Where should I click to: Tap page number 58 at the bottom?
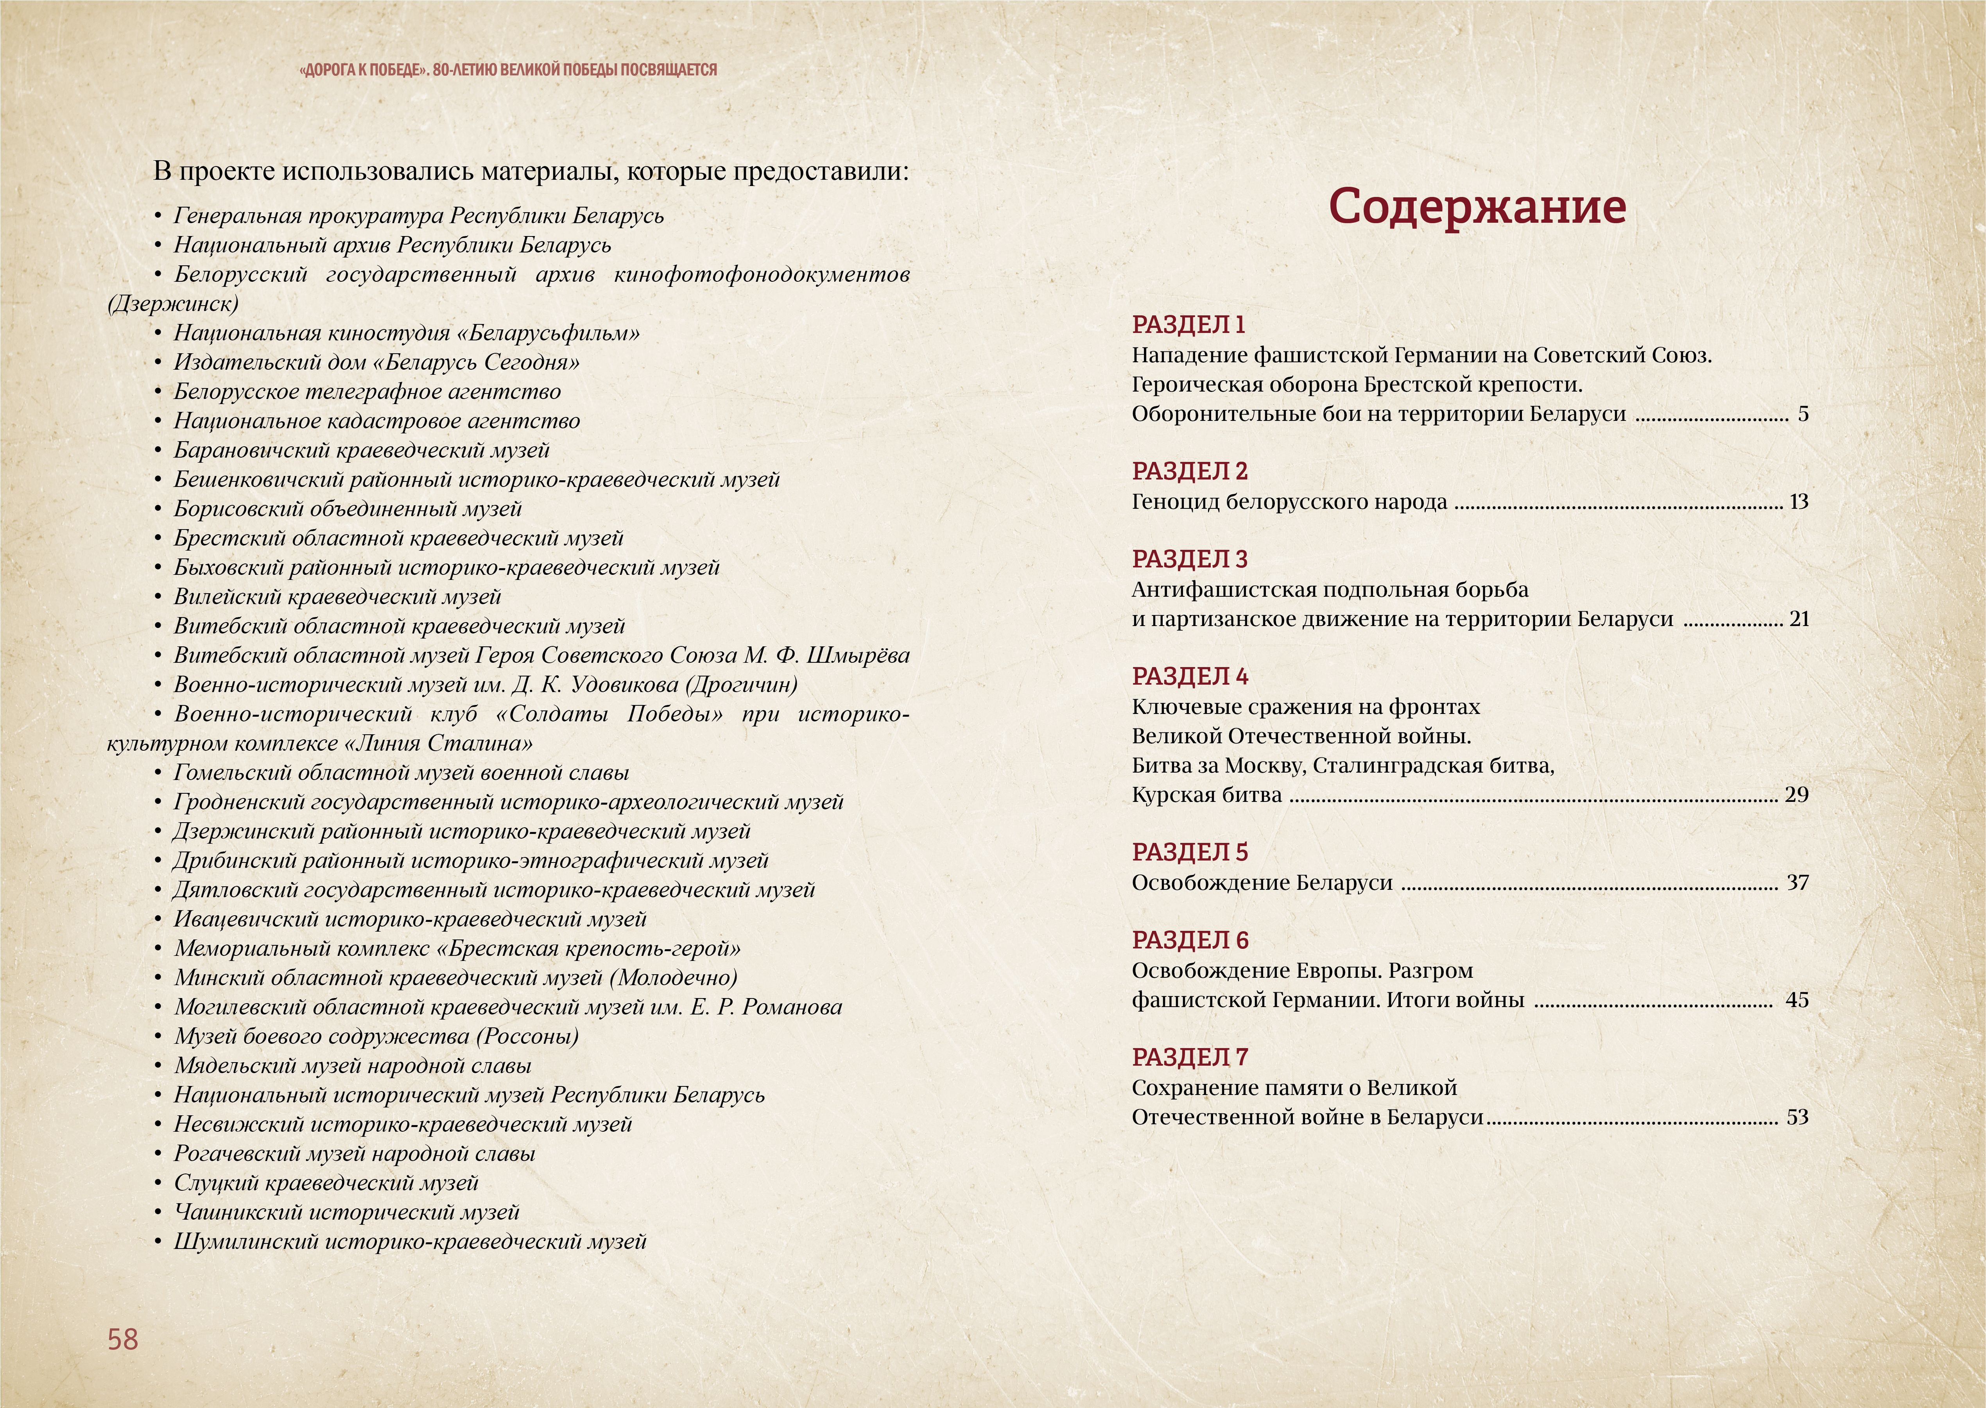coord(123,1340)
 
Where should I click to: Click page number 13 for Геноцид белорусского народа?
coord(1799,502)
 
